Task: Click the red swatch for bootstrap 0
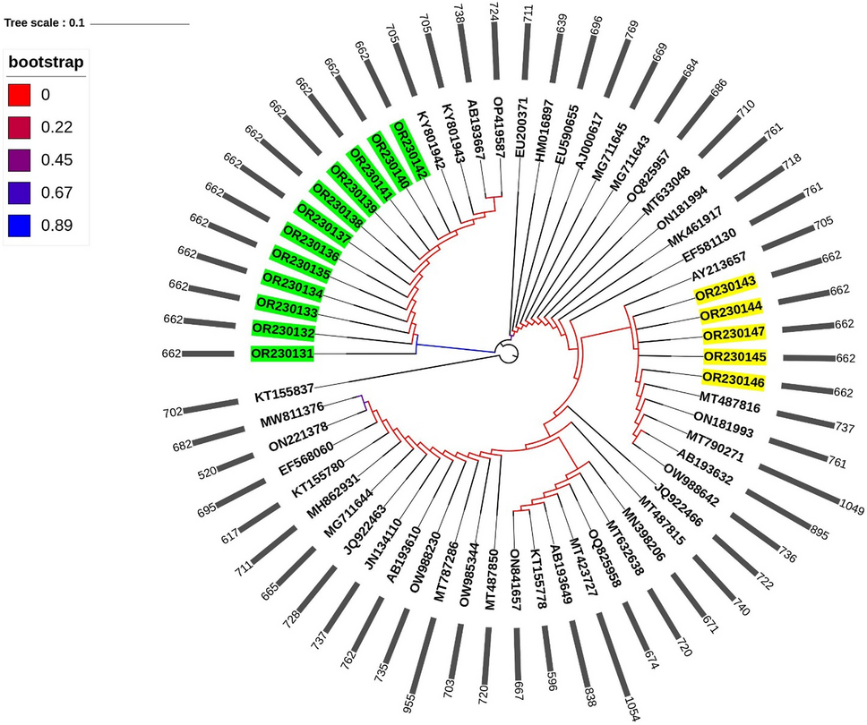click(20, 95)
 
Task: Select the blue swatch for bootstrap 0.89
click(20, 225)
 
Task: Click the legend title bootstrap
click(46, 63)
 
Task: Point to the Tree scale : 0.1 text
click(45, 22)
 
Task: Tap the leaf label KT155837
click(284, 395)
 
